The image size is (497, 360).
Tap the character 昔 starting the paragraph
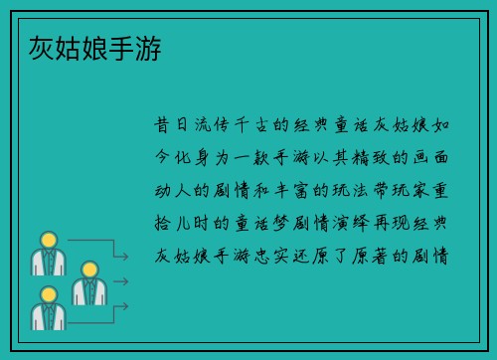coord(162,126)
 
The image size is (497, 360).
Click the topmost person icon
coord(47,254)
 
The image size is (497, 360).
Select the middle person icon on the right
coord(88,283)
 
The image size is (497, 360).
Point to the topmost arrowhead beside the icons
coord(124,258)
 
